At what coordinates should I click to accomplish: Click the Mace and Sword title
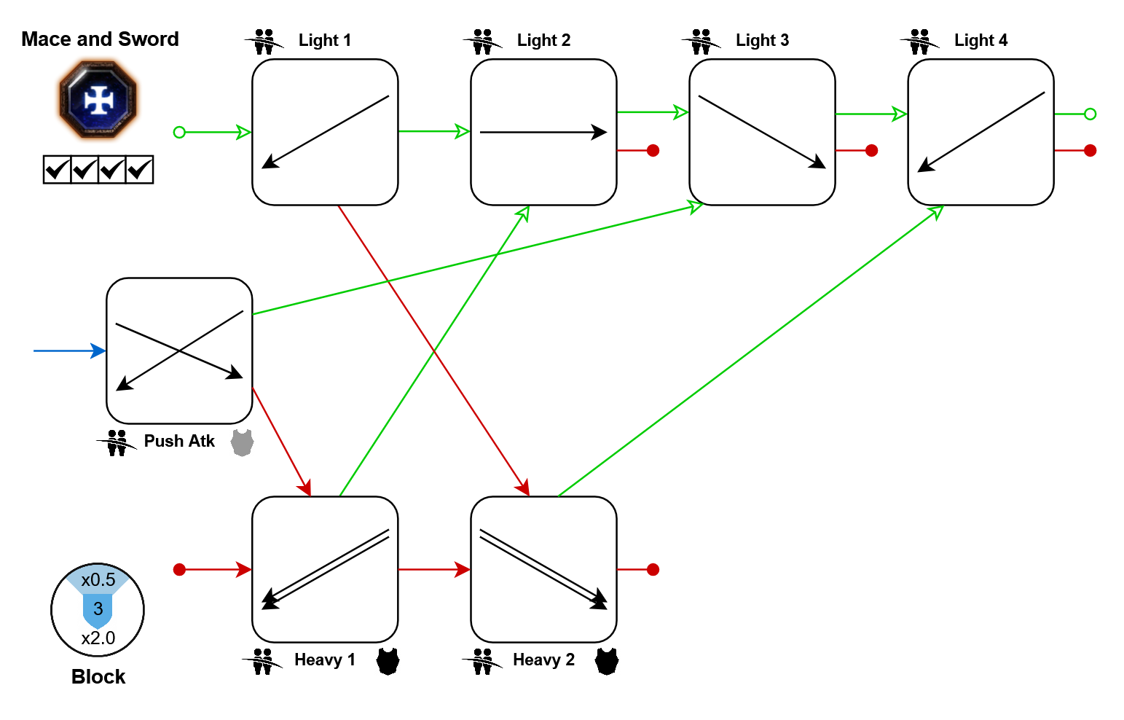(x=100, y=39)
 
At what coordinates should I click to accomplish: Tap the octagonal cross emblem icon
(x=98, y=100)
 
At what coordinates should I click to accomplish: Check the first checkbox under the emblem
(x=57, y=170)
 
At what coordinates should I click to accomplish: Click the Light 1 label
(x=324, y=40)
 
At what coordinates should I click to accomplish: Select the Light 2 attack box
(x=543, y=132)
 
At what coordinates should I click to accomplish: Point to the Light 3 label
(x=762, y=40)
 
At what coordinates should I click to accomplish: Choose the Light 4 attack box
(x=980, y=132)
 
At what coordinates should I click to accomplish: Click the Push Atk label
(x=179, y=441)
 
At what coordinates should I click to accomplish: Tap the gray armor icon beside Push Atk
(x=242, y=442)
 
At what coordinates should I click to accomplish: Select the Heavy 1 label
(x=325, y=660)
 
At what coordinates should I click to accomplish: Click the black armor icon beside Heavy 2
(x=606, y=661)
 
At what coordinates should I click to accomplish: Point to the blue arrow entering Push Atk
(x=69, y=351)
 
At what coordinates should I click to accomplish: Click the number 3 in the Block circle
(x=98, y=609)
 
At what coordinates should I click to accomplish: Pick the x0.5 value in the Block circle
(x=98, y=580)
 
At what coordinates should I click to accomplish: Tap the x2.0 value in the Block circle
(x=98, y=638)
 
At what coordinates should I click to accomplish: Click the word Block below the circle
(x=98, y=677)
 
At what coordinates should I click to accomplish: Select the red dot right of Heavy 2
(x=653, y=569)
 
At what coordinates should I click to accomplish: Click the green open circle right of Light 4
(x=1090, y=114)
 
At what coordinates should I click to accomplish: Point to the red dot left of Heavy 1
(x=179, y=569)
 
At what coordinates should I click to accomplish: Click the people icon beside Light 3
(x=701, y=42)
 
